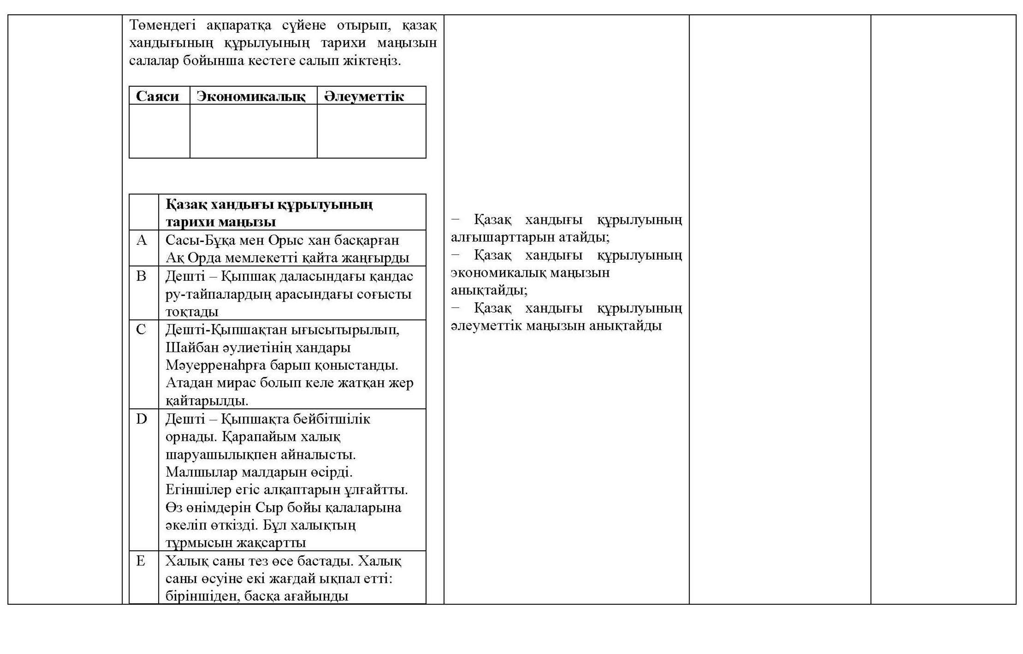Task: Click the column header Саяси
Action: (157, 96)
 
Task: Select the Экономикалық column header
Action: (251, 96)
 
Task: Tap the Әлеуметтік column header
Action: (364, 96)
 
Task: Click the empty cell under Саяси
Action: (160, 131)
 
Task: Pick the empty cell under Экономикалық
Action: (254, 131)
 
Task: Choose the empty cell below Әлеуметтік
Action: (372, 131)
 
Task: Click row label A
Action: (142, 240)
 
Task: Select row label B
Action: (142, 276)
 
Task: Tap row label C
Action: (141, 330)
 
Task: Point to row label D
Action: (142, 419)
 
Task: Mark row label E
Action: (141, 561)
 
